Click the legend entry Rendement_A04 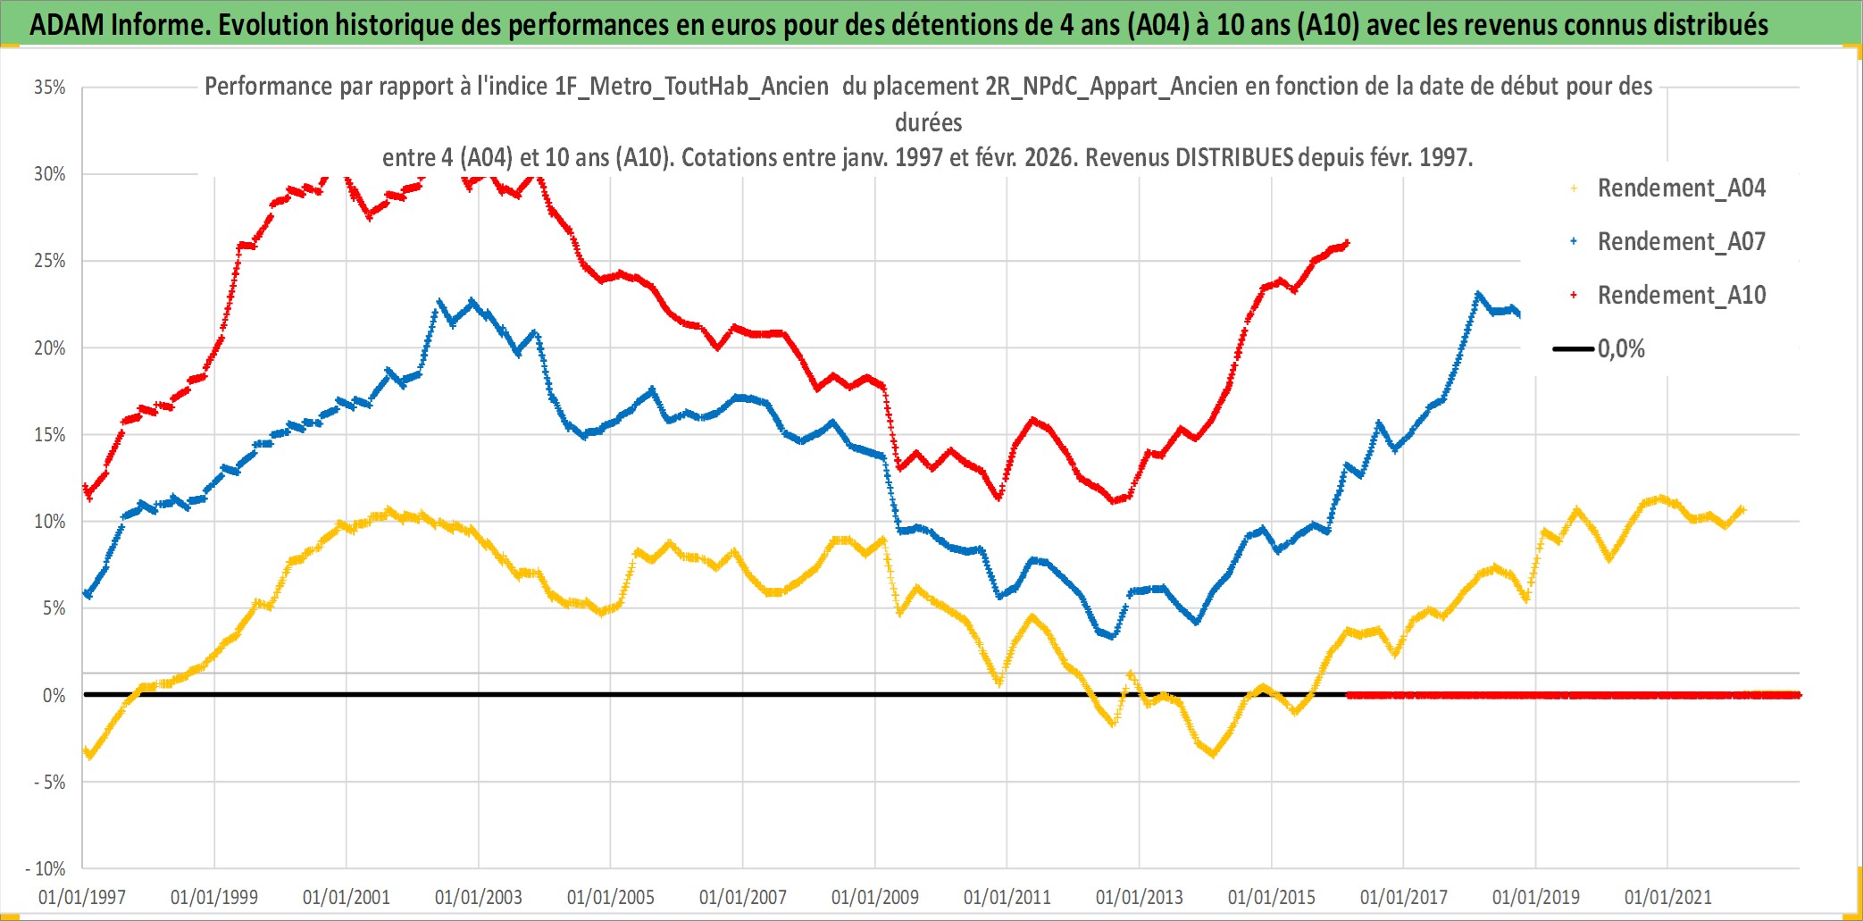point(1680,188)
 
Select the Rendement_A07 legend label point(1680,242)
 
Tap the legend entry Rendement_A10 point(1680,296)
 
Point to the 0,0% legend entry point(1620,349)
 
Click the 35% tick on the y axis point(50,88)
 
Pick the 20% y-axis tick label point(50,348)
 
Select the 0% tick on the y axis point(54,695)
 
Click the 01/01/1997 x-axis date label point(82,897)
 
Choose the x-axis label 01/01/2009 point(875,897)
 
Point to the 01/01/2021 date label point(1668,897)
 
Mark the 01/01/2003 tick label point(479,897)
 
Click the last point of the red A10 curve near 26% point(1347,242)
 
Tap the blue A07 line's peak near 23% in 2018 point(1478,294)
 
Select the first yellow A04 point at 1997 point(84,750)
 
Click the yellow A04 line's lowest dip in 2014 point(1213,754)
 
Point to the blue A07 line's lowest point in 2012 point(1112,636)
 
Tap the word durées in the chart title point(929,122)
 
